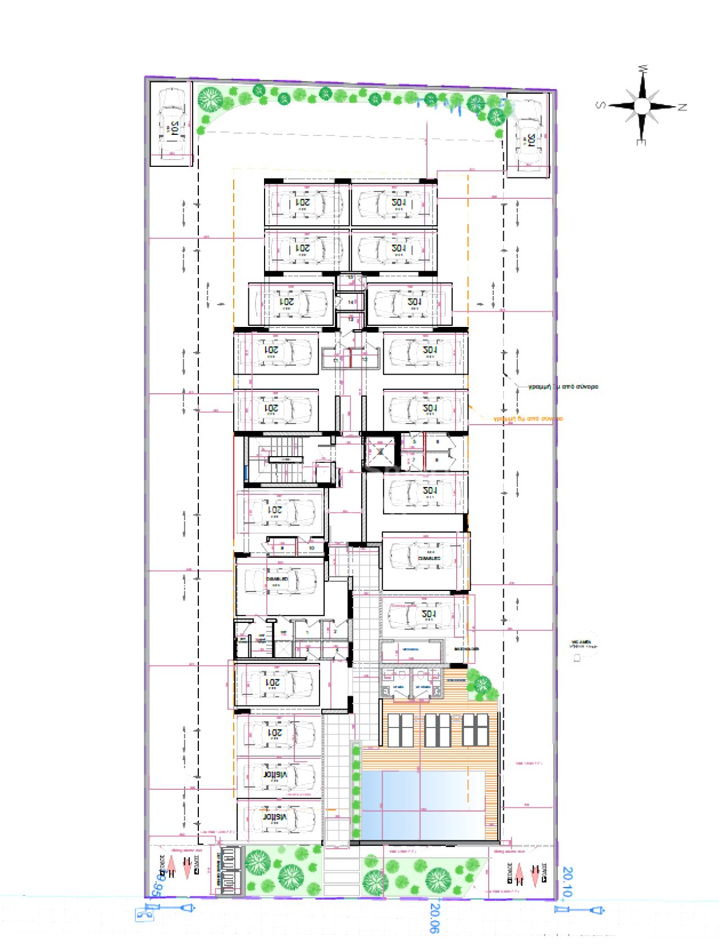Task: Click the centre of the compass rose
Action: [x=641, y=106]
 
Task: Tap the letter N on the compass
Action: [x=682, y=107]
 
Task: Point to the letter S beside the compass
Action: [x=600, y=104]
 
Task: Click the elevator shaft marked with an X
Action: [x=380, y=452]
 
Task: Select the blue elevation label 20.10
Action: [x=567, y=881]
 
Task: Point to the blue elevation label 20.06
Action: [x=434, y=917]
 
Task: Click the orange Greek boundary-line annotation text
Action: [x=528, y=418]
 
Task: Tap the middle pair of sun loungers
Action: [x=438, y=730]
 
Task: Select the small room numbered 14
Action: [x=351, y=302]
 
